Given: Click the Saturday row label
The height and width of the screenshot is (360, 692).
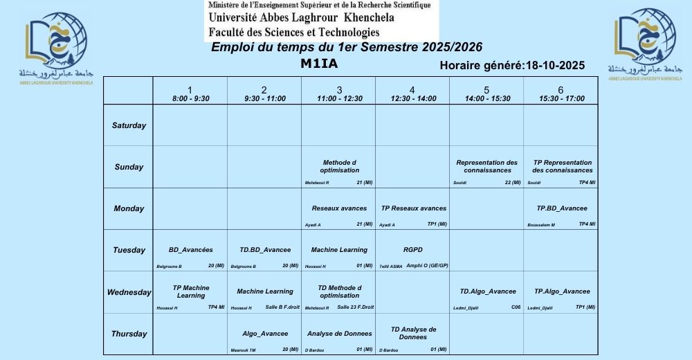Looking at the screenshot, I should (x=129, y=125).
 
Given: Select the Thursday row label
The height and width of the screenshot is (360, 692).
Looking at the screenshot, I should (x=129, y=334).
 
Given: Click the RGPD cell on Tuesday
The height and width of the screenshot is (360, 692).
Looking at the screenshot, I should (x=412, y=250).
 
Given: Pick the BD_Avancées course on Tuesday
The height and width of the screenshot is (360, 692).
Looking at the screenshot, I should (x=190, y=250).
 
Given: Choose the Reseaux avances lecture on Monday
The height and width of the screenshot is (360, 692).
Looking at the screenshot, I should (x=339, y=208).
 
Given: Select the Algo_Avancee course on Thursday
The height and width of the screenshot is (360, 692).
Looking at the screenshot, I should (x=264, y=334).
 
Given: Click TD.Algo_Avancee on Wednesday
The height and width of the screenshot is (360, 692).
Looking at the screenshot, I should (x=487, y=291).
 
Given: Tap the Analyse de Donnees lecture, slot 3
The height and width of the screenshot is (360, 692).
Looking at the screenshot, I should (x=339, y=334).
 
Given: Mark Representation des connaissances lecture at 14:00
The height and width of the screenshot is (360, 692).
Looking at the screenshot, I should (x=487, y=166).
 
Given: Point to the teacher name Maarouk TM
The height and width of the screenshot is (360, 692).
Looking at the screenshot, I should (x=243, y=350).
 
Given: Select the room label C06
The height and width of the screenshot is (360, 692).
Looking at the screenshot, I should (x=516, y=307).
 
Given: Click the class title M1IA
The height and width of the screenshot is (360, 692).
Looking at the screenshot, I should (x=319, y=64).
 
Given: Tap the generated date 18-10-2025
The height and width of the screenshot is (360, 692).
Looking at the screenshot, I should (x=555, y=66).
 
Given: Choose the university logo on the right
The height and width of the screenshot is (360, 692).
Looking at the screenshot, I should (x=644, y=46).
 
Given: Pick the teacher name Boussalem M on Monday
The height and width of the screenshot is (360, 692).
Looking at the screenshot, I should (x=541, y=225).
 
